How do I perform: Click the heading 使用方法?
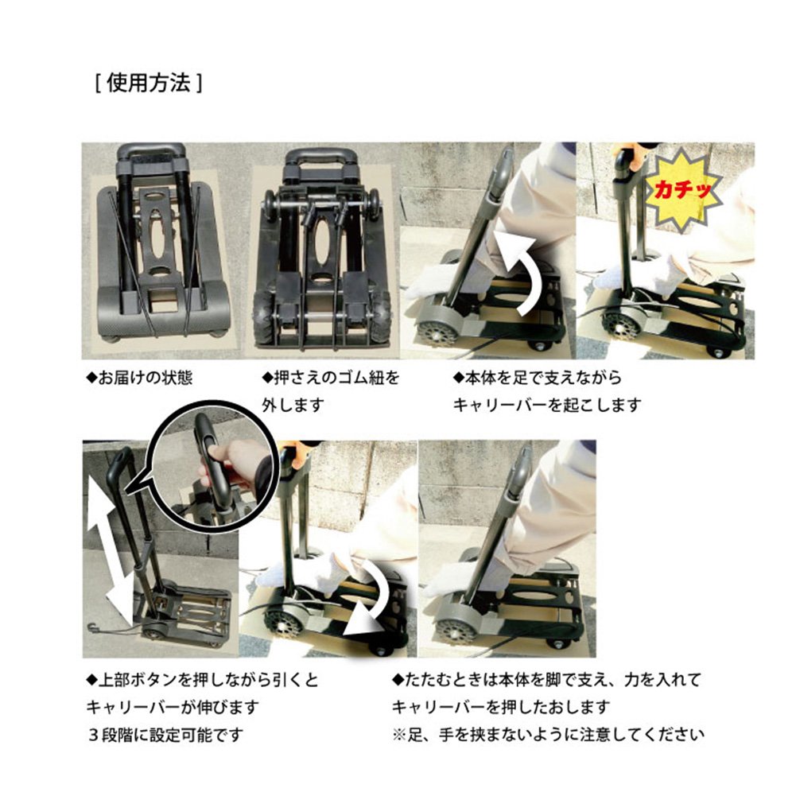(149, 83)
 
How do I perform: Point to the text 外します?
(293, 405)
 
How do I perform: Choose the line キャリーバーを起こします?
(547, 405)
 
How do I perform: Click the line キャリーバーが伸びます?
(173, 707)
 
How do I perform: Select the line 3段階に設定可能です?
(165, 735)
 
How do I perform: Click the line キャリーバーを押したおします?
(500, 707)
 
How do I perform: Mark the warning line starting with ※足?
(548, 735)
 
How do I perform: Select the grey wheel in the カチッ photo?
(620, 325)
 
